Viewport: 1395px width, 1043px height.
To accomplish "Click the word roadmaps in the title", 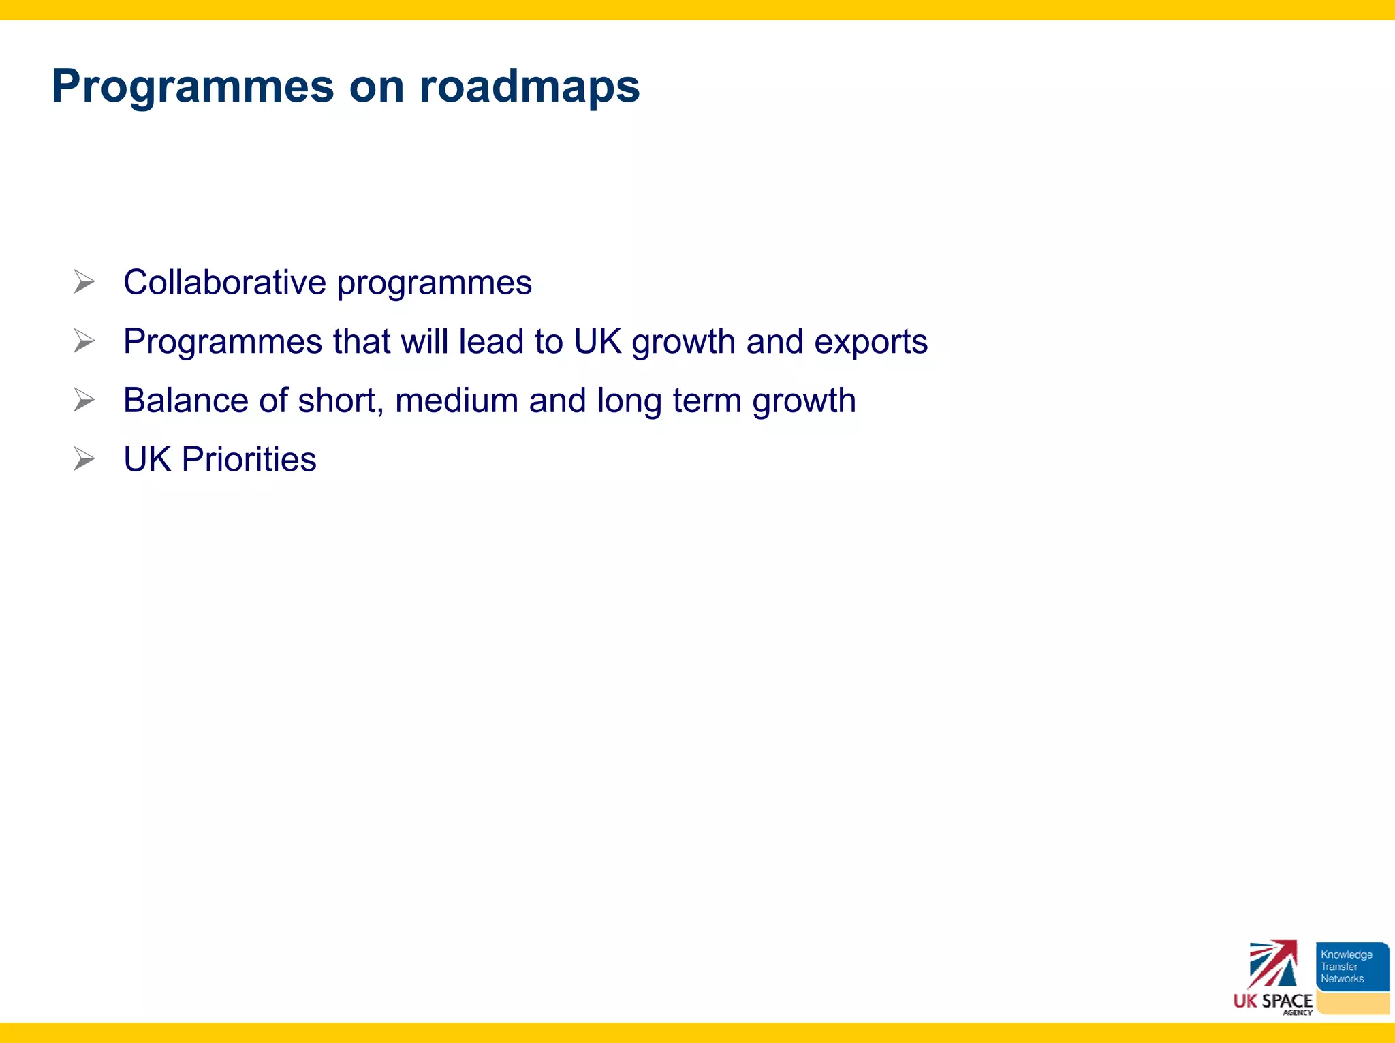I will [529, 87].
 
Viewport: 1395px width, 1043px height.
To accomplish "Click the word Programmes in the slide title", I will [193, 87].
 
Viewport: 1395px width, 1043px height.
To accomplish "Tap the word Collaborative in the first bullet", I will [225, 283].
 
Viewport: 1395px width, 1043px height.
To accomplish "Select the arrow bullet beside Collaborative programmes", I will [84, 281].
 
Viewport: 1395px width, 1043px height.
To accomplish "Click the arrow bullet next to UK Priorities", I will [84, 458].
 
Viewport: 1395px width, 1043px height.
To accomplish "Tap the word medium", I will [456, 401].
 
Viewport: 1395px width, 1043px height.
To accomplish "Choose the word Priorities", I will [249, 460].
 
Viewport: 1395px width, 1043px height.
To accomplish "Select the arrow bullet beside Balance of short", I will [84, 400].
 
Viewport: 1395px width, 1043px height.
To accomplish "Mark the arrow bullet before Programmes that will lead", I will [84, 341].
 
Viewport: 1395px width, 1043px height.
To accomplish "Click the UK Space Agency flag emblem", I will [1272, 964].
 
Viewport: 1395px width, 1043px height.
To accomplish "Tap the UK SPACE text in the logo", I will [1272, 1001].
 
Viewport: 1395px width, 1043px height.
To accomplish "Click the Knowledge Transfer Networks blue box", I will [1352, 967].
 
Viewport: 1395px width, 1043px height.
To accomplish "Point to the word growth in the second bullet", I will [683, 343].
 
